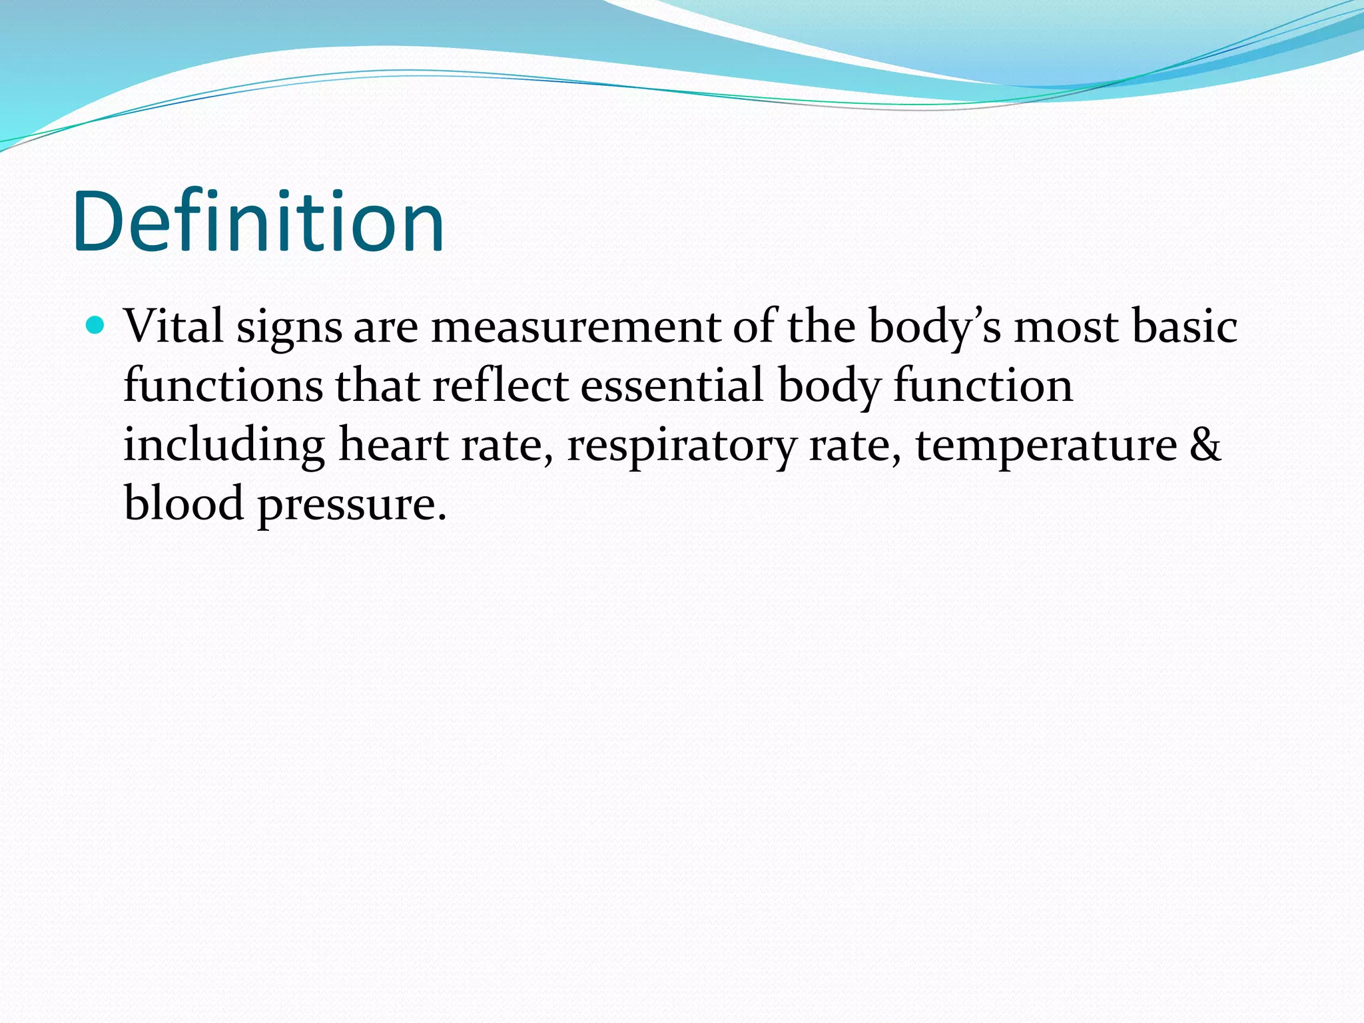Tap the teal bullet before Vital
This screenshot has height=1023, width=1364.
96,326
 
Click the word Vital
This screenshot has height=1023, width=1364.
173,327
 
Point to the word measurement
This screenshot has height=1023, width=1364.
575,328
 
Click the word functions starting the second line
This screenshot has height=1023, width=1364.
223,386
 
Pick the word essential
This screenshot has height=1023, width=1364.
672,386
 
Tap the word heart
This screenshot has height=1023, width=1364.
394,445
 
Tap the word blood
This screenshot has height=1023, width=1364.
184,503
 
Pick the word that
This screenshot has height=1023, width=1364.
378,386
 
